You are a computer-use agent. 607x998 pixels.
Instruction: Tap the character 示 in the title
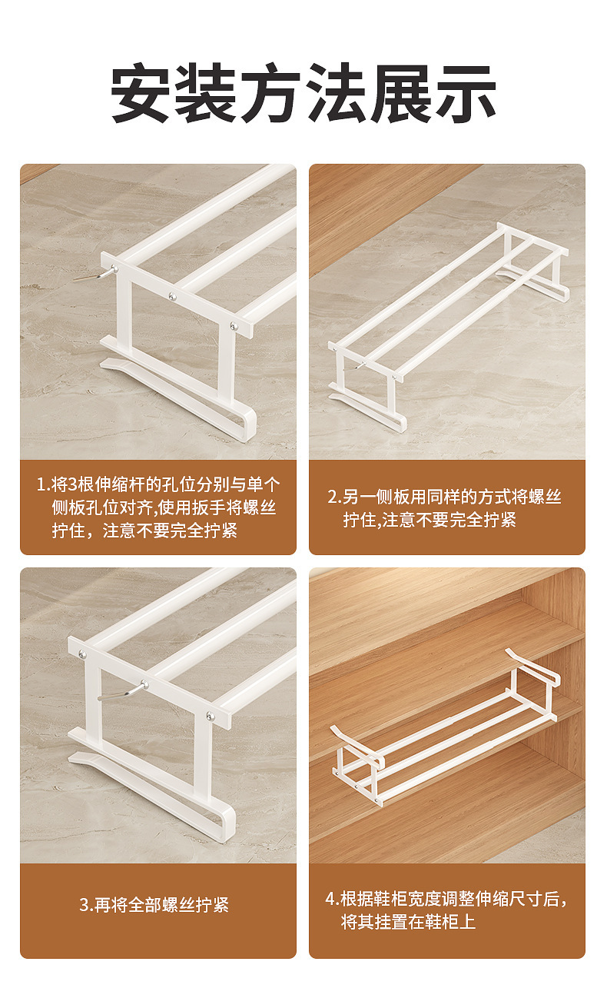click(466, 93)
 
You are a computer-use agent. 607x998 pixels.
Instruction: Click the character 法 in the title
click(336, 93)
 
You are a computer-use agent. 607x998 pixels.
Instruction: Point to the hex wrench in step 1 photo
click(96, 273)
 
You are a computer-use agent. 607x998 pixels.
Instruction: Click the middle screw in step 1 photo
click(172, 296)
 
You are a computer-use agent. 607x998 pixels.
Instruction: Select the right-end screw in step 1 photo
click(234, 326)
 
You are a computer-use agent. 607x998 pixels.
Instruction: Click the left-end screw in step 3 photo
click(82, 654)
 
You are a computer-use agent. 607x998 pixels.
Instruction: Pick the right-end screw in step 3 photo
click(210, 717)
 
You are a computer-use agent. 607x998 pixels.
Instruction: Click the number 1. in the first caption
click(44, 484)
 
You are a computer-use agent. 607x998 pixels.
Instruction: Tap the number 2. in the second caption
click(334, 497)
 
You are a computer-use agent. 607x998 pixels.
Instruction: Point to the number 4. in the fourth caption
click(333, 899)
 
